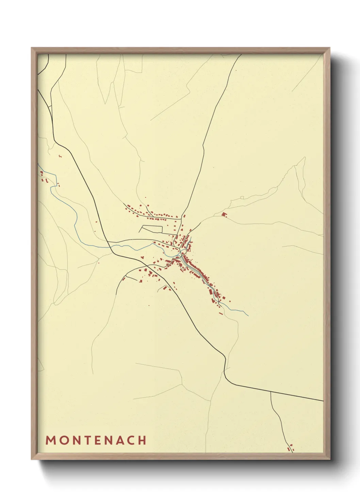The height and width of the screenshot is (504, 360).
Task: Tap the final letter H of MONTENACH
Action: (x=143, y=440)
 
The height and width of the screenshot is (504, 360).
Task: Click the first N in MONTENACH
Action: (x=77, y=440)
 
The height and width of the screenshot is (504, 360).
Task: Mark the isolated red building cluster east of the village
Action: (x=224, y=214)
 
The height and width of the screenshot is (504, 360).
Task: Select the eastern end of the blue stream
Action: (x=248, y=315)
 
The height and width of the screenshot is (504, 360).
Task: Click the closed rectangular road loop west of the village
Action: (x=151, y=229)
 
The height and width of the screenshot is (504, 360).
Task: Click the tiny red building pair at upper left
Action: (x=60, y=156)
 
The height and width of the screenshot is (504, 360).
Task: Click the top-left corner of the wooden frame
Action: (x=32, y=48)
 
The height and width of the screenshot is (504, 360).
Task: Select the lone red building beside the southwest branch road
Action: (x=124, y=279)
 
